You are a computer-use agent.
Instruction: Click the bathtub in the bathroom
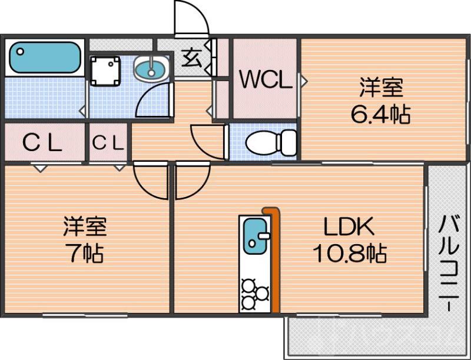45,58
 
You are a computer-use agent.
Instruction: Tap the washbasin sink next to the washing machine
151,69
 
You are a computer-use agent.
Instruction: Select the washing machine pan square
106,71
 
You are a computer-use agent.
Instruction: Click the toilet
271,142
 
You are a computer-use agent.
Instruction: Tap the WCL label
265,80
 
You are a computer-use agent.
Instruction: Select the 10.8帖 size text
349,254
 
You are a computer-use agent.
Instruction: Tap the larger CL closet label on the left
42,142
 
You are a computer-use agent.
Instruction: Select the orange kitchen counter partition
274,259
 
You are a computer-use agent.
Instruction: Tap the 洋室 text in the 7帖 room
85,226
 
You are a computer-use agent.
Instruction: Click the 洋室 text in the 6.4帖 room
381,88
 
